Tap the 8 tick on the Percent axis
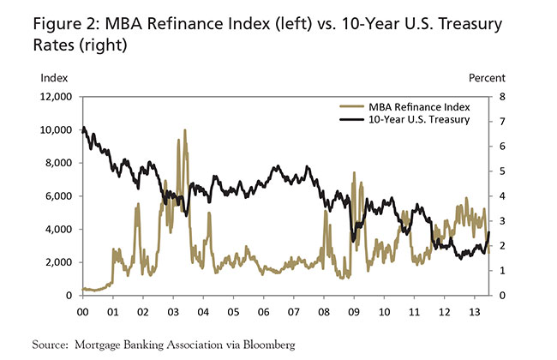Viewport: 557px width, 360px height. coord(502,97)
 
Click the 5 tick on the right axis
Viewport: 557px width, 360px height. coord(502,171)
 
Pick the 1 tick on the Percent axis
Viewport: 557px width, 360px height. coord(502,271)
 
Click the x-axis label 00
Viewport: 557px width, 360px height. coord(82,311)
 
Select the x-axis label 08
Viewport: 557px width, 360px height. coord(324,311)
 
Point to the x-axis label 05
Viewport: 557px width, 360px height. coord(233,311)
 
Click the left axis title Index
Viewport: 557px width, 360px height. coord(53,78)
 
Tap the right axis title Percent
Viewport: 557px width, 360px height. coord(487,78)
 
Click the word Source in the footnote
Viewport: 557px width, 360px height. coord(51,345)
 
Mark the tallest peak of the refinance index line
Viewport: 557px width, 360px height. coord(184,130)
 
